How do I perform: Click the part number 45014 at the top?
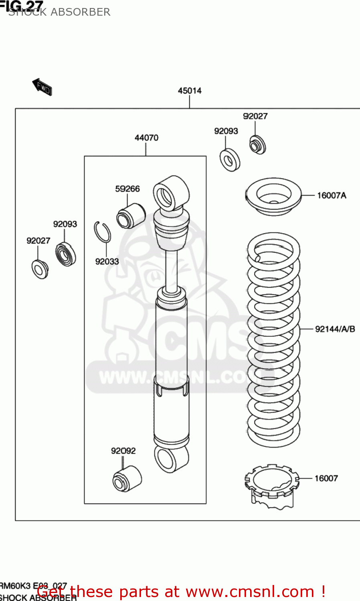[x=190, y=91]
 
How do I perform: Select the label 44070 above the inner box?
[x=146, y=138]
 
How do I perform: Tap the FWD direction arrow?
[x=42, y=87]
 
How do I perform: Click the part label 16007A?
[x=332, y=196]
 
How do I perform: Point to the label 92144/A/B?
[x=335, y=329]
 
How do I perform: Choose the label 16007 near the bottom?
[x=326, y=478]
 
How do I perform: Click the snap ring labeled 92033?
[x=102, y=232]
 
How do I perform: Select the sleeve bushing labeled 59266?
[x=130, y=216]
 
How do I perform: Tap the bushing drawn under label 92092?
[x=127, y=478]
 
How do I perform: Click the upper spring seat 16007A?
[x=273, y=196]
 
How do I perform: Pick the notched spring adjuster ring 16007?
[x=271, y=486]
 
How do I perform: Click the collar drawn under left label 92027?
[x=40, y=269]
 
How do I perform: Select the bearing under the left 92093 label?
[x=66, y=254]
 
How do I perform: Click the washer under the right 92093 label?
[x=230, y=160]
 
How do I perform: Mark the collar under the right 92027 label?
[x=257, y=145]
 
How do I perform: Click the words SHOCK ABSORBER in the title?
[x=59, y=12]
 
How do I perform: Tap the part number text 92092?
[x=123, y=451]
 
